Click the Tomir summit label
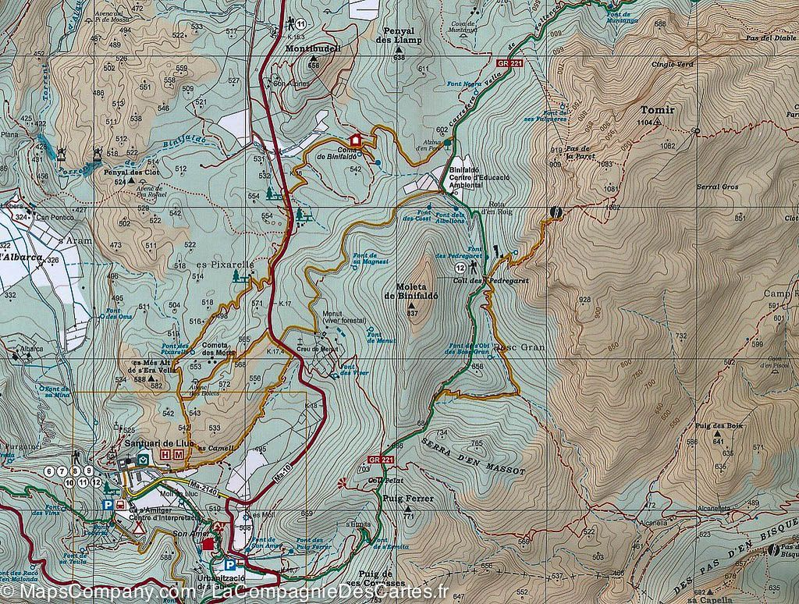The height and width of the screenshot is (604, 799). [655, 110]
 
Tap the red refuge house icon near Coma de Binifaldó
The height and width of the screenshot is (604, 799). [356, 140]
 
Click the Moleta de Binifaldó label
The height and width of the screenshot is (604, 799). [413, 290]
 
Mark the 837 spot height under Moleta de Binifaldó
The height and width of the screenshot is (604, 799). [413, 314]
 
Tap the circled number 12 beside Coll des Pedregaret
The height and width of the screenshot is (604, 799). [461, 268]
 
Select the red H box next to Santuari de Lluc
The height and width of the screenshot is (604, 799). [165, 454]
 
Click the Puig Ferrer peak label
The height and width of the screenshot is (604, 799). [403, 498]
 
